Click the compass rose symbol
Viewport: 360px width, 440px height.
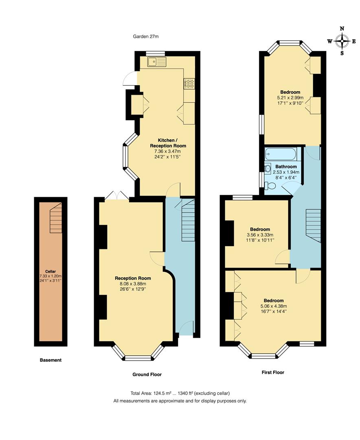(x=342, y=41)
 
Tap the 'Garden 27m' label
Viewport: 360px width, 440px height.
(x=146, y=37)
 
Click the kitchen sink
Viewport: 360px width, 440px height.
(x=157, y=62)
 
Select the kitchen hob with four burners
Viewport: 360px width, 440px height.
(x=189, y=83)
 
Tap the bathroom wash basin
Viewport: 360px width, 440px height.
(x=268, y=169)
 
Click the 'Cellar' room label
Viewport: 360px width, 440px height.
(x=51, y=271)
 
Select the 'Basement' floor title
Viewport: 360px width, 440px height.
(x=50, y=360)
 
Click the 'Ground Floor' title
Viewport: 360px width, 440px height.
(x=147, y=374)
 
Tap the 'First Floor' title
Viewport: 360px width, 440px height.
(x=272, y=372)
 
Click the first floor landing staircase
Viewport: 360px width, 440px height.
(x=313, y=225)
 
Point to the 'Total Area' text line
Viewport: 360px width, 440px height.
(x=180, y=393)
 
